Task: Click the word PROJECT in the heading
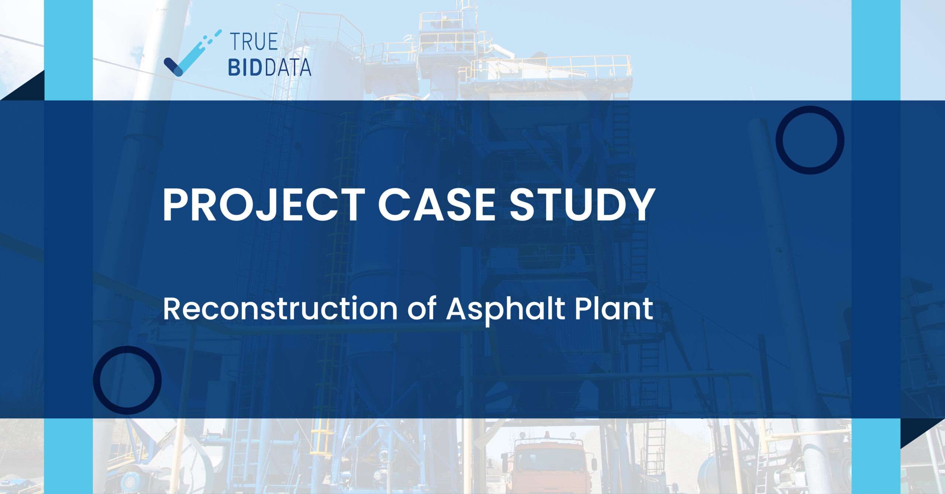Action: click(x=264, y=205)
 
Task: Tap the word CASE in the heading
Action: click(x=437, y=205)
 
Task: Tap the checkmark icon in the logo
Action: click(x=192, y=54)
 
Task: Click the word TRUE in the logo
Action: click(x=254, y=41)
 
